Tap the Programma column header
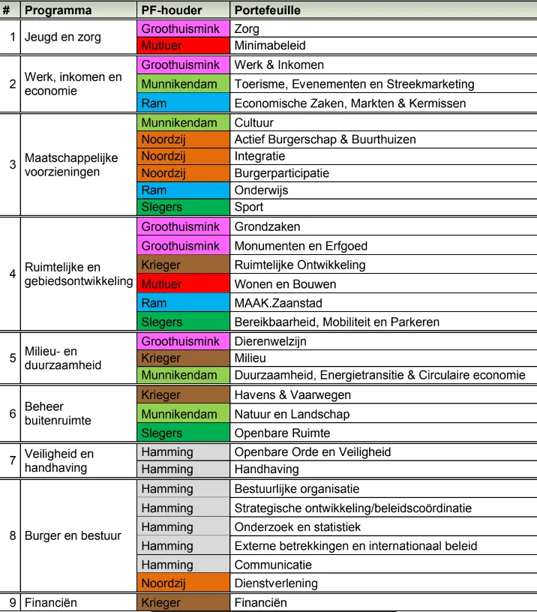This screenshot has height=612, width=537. click(x=58, y=10)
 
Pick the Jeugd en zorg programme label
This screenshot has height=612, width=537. click(x=62, y=37)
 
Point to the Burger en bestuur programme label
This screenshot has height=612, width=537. click(x=73, y=535)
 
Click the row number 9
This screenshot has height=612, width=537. click(x=12, y=602)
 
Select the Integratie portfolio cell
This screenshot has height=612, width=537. click(x=259, y=156)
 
